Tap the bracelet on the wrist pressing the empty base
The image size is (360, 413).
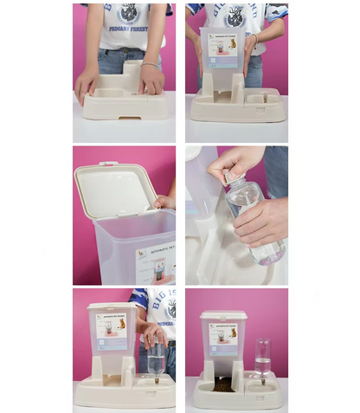coord(150,65)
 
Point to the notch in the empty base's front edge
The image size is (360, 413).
coord(125,113)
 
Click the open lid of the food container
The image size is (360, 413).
coord(113,185)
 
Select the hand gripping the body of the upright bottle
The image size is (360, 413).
coord(260,221)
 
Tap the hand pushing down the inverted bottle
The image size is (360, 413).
coord(154,334)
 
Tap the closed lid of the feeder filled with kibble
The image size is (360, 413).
coord(223,313)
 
